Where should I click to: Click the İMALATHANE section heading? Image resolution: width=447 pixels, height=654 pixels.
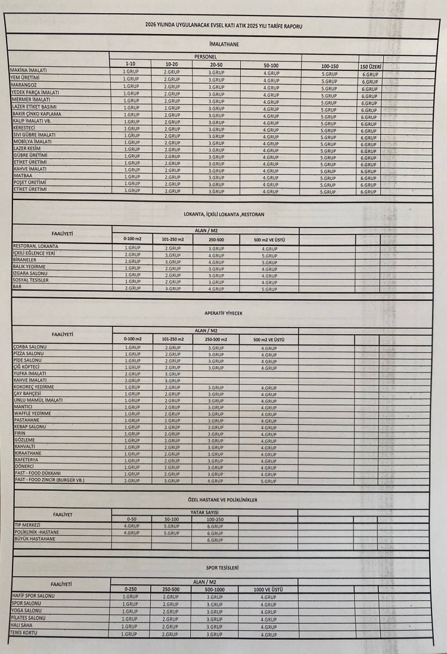(225, 45)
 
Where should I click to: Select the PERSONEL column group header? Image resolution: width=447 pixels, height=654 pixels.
(206, 56)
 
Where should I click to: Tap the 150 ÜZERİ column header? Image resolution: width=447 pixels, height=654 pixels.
(371, 66)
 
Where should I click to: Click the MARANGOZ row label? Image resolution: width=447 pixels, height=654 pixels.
(24, 85)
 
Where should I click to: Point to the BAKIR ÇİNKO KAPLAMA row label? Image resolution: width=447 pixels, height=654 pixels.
(36, 113)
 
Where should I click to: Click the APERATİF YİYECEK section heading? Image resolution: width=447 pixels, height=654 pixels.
(223, 313)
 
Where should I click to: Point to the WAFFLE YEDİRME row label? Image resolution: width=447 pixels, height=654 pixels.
(32, 413)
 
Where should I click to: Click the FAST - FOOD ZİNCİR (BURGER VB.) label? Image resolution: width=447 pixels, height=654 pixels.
(53, 480)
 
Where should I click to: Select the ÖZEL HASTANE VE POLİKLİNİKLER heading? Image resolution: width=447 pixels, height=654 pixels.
(222, 499)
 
